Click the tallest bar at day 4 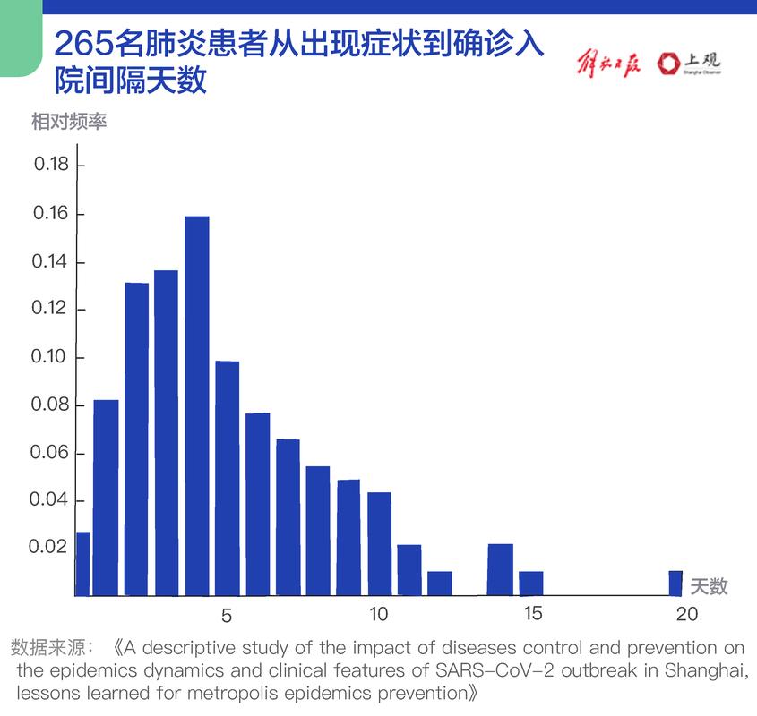pyautogui.click(x=196, y=405)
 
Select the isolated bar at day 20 pyautogui.click(x=675, y=583)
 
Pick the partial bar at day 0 pyautogui.click(x=82, y=563)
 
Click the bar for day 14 pyautogui.click(x=500, y=569)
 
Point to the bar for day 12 pyautogui.click(x=439, y=583)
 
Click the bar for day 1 pyautogui.click(x=106, y=497)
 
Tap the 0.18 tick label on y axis pyautogui.click(x=51, y=165)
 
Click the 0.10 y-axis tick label pyautogui.click(x=51, y=357)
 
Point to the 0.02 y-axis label pyautogui.click(x=51, y=547)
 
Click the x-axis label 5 pyautogui.click(x=226, y=616)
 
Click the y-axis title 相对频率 pyautogui.click(x=69, y=121)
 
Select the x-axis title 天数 pyautogui.click(x=709, y=586)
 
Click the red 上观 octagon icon pyautogui.click(x=667, y=64)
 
